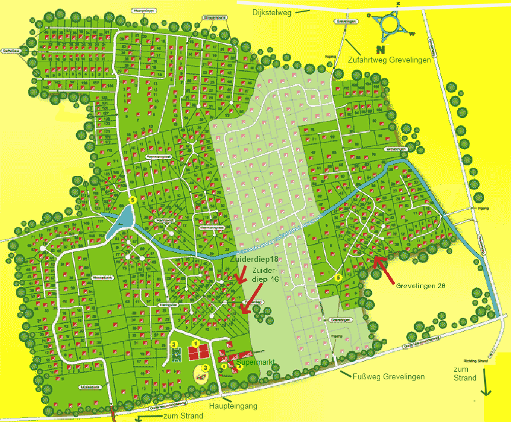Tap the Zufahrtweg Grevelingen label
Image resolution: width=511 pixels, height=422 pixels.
click(390, 60)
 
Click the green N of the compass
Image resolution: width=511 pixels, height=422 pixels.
click(381, 50)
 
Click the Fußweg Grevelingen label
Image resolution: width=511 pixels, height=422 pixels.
click(390, 376)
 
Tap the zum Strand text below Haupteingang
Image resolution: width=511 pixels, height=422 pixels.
click(183, 416)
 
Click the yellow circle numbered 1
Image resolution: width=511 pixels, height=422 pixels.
click(196, 343)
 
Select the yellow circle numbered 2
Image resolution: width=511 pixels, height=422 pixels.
click(173, 344)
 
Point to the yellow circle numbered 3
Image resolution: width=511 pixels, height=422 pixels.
click(205, 367)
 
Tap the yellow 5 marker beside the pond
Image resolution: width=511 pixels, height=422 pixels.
click(133, 200)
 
